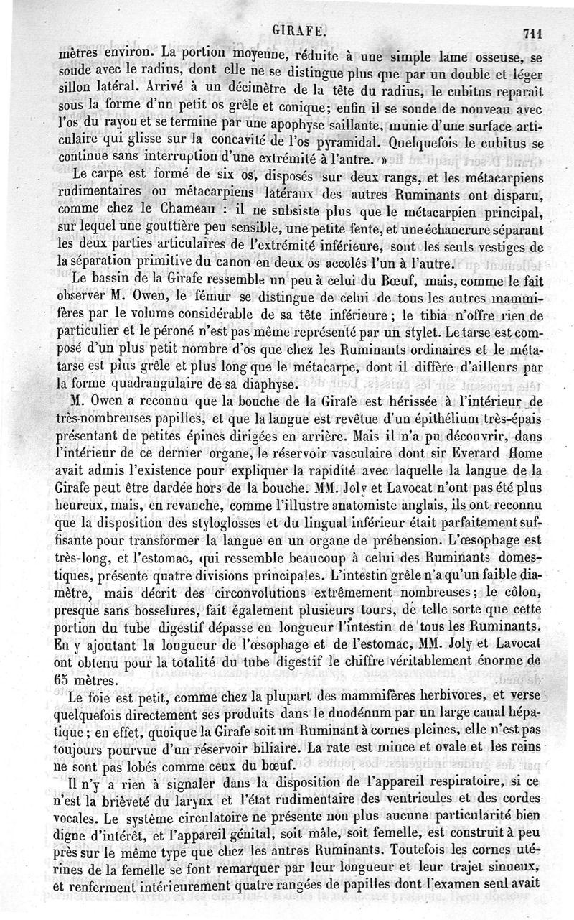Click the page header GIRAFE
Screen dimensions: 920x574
pyautogui.click(x=301, y=32)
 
